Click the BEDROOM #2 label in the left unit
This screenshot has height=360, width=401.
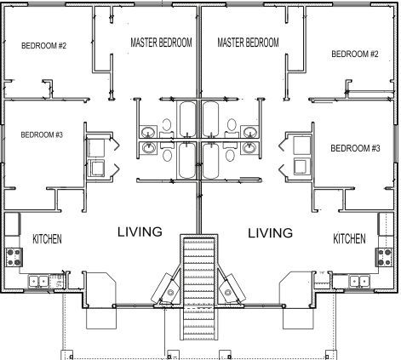click(43, 46)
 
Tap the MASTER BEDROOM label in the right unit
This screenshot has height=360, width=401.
click(248, 43)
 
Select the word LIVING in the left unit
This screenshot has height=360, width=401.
click(140, 231)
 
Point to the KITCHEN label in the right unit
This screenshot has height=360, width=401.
click(349, 239)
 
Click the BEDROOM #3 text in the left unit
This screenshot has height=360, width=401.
click(42, 134)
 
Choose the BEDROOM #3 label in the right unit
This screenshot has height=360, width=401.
click(355, 148)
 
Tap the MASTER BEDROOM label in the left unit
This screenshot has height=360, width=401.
click(161, 43)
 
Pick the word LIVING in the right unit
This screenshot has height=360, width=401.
click(271, 233)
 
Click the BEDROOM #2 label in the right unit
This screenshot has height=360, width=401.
click(355, 54)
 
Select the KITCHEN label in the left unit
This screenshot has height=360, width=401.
click(47, 239)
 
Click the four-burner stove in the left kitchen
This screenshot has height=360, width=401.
click(14, 257)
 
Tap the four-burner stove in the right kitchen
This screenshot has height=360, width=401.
click(385, 257)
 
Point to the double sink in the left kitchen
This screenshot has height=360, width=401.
click(38, 281)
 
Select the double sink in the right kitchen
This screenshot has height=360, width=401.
click(359, 281)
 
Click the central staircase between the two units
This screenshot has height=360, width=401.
click(199, 288)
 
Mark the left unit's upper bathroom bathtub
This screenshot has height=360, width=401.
click(187, 119)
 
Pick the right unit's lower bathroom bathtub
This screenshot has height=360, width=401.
click(211, 161)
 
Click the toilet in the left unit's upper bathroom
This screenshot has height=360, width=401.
click(167, 128)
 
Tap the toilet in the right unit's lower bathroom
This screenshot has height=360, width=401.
click(231, 152)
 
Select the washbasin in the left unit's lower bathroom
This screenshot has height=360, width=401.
click(148, 148)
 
